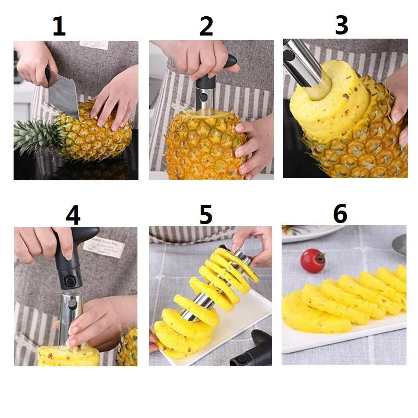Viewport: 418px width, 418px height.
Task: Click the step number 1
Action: pos(59,27)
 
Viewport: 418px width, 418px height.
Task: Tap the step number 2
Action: pos(206,27)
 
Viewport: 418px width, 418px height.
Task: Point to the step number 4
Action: pos(73,214)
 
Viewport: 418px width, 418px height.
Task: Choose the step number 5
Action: pos(206,214)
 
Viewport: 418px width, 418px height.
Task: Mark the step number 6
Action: pos(340,214)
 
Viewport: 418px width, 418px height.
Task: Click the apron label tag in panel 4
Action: pos(104,245)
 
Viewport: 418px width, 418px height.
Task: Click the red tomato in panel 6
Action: pos(312,261)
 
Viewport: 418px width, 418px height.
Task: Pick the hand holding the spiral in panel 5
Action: pos(256,242)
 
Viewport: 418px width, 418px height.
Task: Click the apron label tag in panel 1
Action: pos(94,44)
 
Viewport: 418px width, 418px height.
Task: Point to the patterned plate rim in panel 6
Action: pos(308,233)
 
